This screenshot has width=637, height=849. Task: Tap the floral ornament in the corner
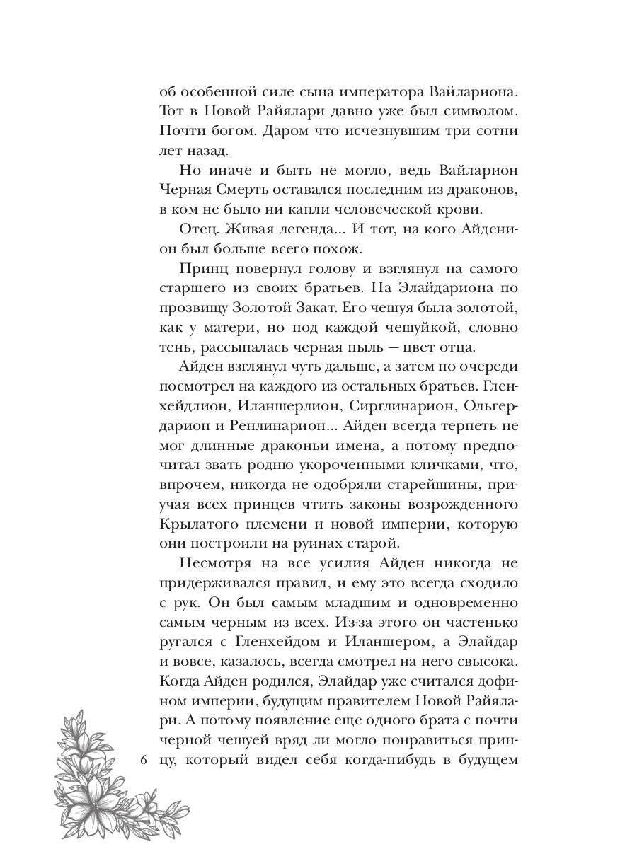coord(99,764)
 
